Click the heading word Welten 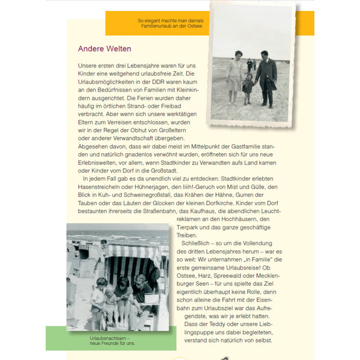pos(119,49)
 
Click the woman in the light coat pos(236,76)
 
